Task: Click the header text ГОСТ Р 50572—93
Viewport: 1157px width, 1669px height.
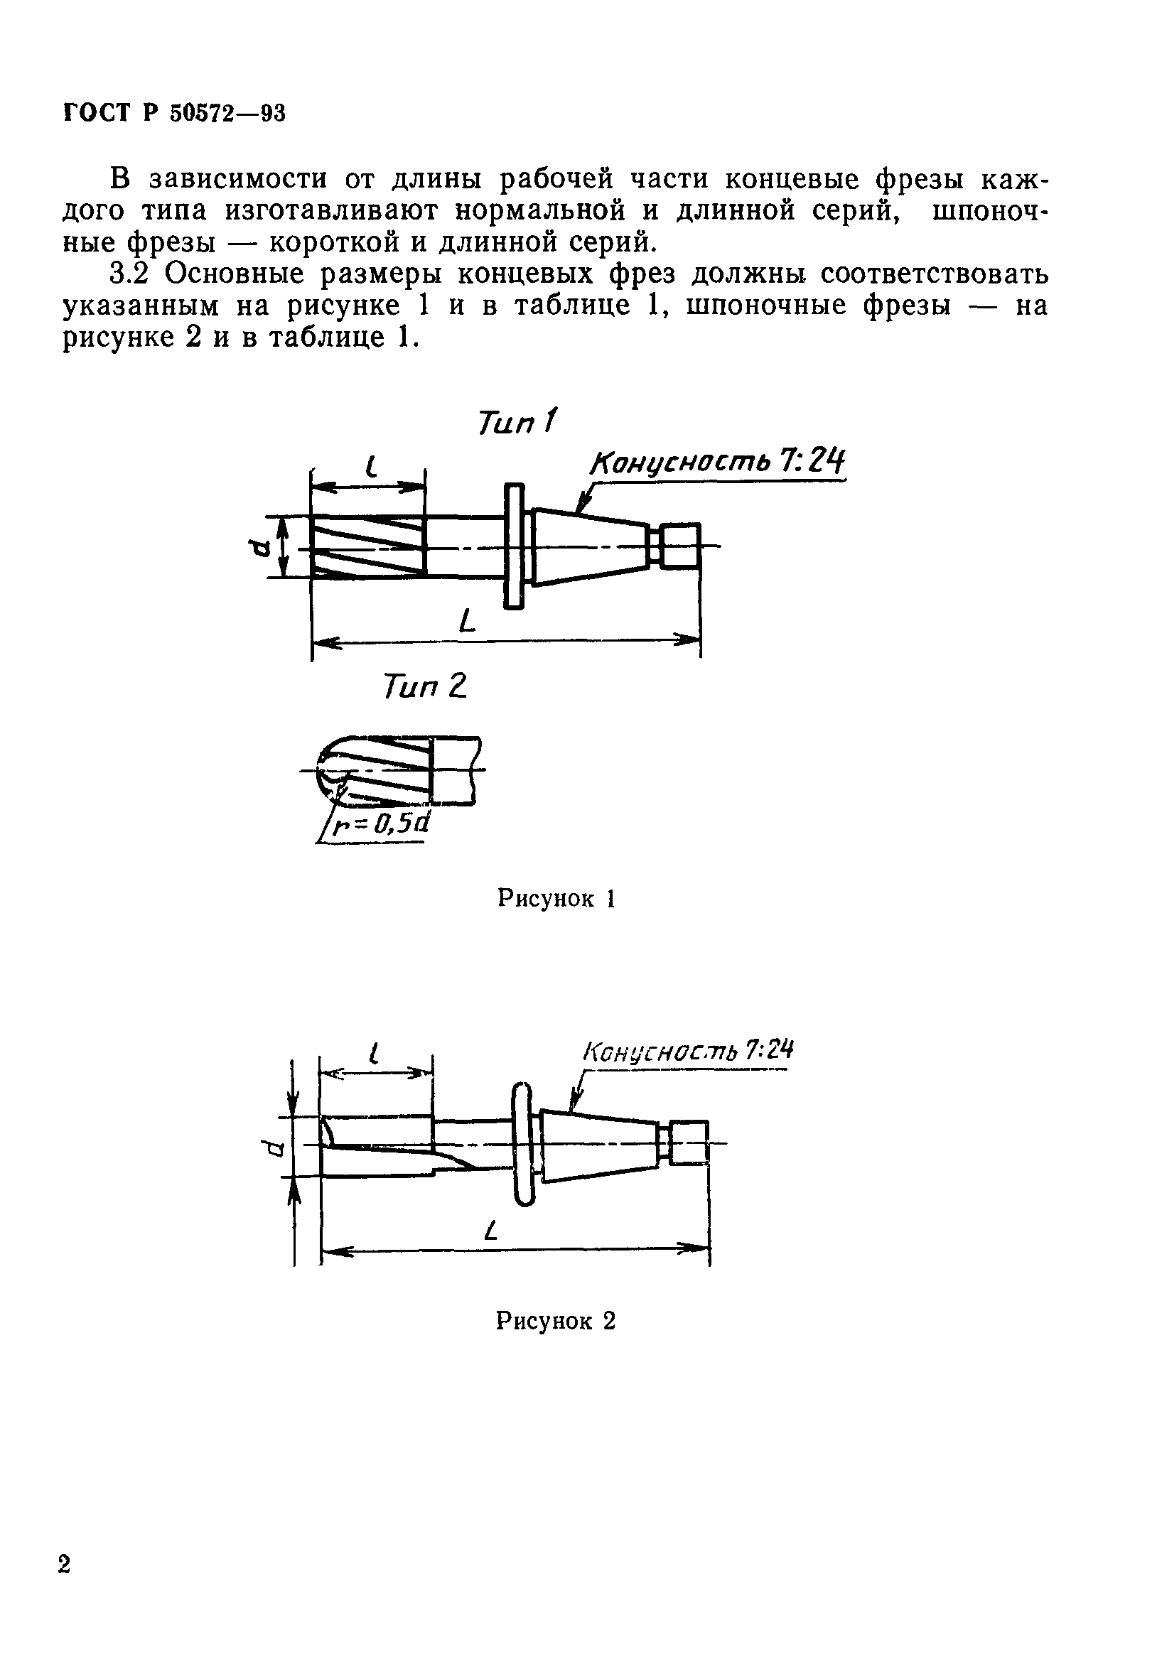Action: tap(175, 113)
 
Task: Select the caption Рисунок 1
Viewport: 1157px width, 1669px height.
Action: tap(556, 899)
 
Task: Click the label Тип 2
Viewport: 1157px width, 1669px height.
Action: tap(426, 686)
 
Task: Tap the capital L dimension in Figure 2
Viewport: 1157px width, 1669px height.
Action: tap(493, 1230)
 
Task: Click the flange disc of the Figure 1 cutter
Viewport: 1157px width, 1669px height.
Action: tap(514, 546)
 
